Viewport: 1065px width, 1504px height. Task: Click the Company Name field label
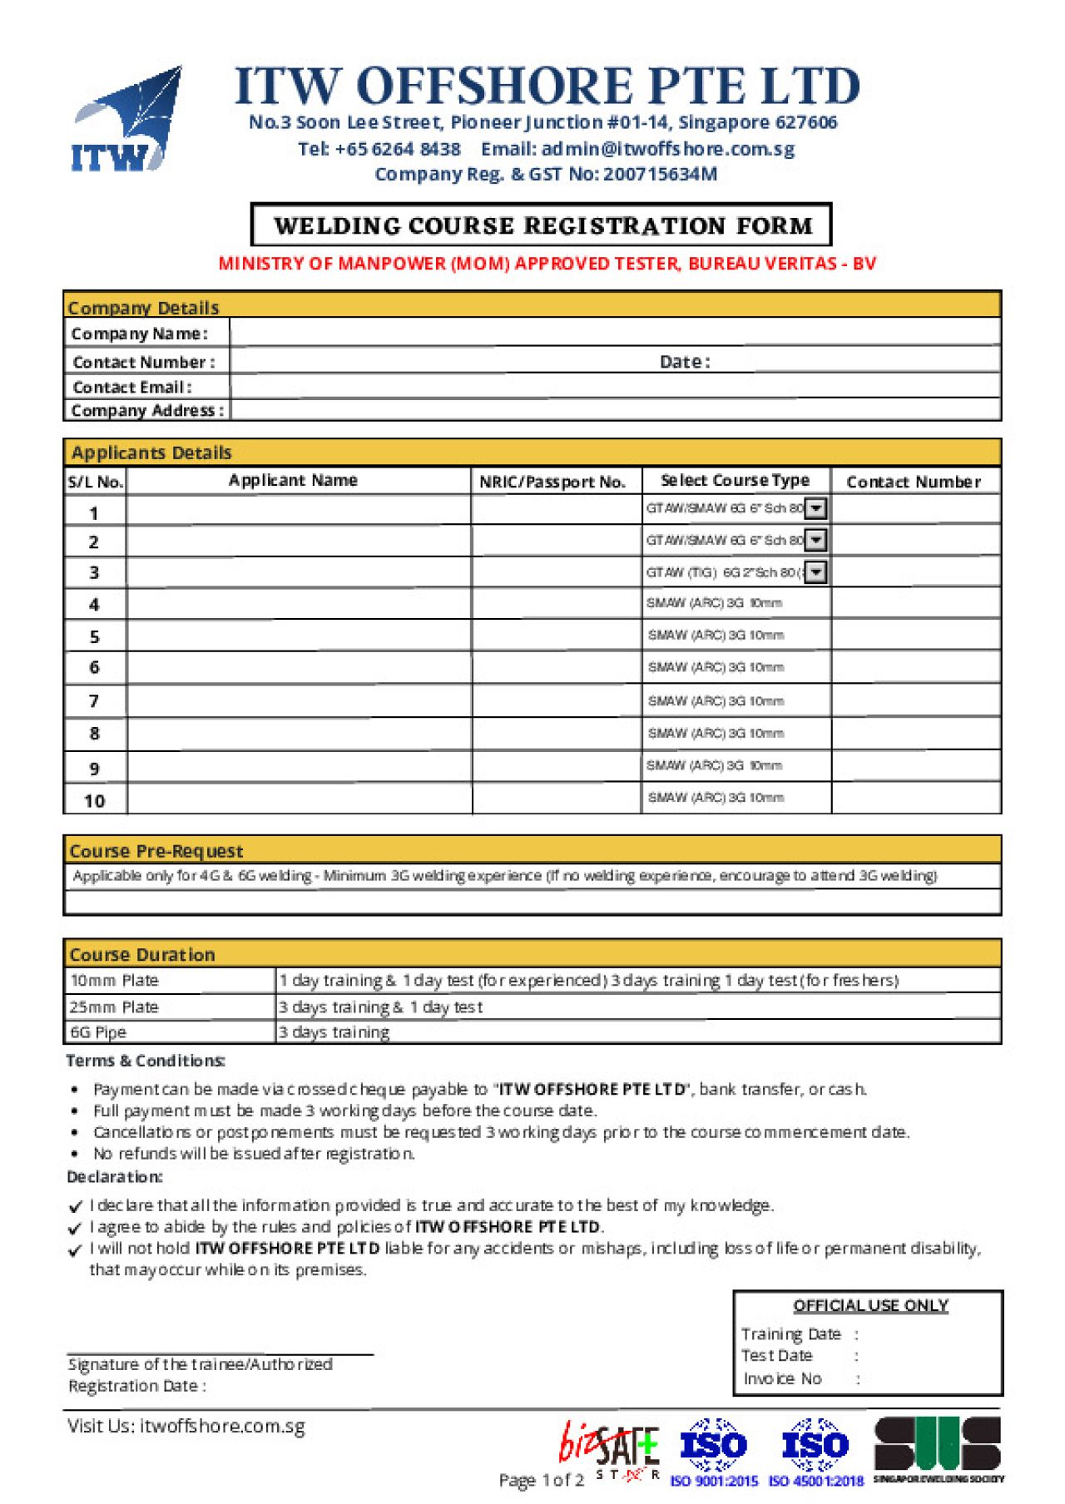click(139, 334)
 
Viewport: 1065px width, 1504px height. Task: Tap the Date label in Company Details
click(685, 362)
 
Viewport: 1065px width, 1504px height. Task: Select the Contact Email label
click(132, 388)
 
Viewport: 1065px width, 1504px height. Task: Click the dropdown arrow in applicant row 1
click(816, 508)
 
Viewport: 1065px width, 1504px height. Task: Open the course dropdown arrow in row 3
click(816, 572)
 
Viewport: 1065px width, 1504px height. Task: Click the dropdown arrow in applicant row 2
click(816, 541)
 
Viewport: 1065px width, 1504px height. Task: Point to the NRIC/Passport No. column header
click(552, 482)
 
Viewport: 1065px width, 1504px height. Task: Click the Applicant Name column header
click(293, 481)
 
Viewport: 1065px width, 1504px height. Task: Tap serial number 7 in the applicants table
click(94, 701)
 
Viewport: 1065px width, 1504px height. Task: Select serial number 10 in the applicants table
click(95, 801)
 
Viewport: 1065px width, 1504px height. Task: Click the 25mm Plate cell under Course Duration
click(114, 1007)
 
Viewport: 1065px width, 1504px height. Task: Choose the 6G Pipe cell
click(98, 1033)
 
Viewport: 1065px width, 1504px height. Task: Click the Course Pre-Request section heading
click(156, 851)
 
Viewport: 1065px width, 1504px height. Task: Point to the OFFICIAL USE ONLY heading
click(870, 1306)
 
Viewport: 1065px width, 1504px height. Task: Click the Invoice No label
click(782, 1379)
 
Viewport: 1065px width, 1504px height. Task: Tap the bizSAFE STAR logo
click(610, 1452)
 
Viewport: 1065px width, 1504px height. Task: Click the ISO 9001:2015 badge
click(714, 1452)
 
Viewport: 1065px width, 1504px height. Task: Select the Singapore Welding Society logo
click(938, 1450)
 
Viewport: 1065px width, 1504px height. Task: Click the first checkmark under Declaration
click(76, 1207)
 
